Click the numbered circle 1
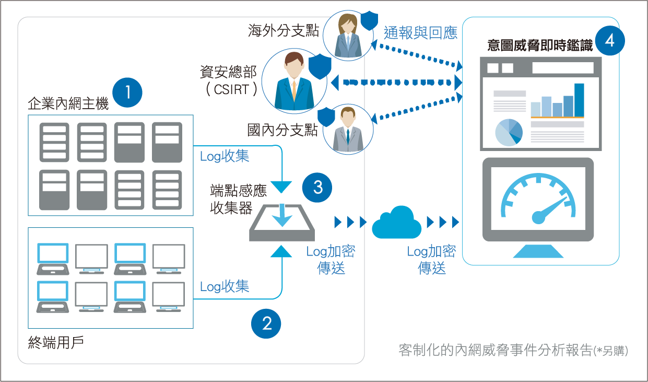click(x=127, y=92)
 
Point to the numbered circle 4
click(x=609, y=40)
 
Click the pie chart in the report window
click(x=509, y=132)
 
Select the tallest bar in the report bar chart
click(x=579, y=100)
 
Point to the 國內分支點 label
click(x=282, y=130)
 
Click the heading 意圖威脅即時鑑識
click(x=540, y=45)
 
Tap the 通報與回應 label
click(x=420, y=33)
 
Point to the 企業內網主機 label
click(x=68, y=104)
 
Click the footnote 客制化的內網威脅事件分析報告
click(x=496, y=350)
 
